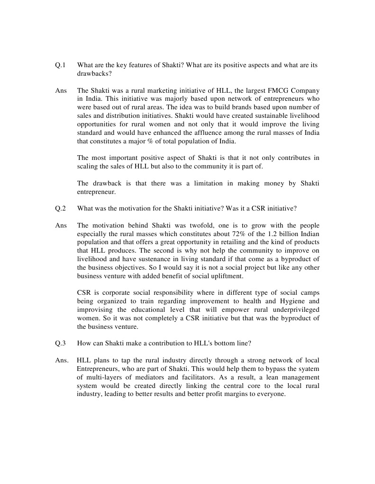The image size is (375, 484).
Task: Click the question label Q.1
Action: pyautogui.click(x=60, y=65)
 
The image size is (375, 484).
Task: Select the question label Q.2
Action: pyautogui.click(x=60, y=208)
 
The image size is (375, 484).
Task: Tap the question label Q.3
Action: pyautogui.click(x=60, y=343)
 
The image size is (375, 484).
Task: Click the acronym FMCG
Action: pyautogui.click(x=269, y=90)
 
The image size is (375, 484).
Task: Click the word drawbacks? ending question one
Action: pyautogui.click(x=94, y=74)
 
